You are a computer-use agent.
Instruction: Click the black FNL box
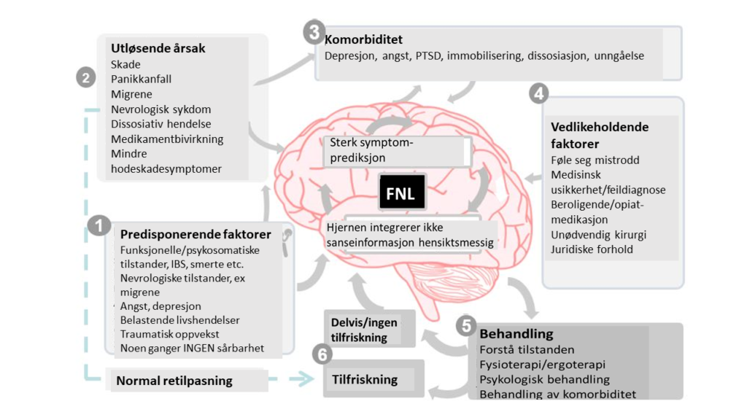(x=402, y=192)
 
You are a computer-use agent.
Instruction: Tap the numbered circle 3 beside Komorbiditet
(x=314, y=32)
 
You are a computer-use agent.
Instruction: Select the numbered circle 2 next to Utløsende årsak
(x=86, y=77)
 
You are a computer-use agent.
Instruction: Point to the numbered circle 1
(x=99, y=225)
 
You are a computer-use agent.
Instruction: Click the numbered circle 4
(x=539, y=93)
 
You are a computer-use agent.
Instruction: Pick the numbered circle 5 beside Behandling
(x=466, y=326)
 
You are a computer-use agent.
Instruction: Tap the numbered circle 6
(x=322, y=354)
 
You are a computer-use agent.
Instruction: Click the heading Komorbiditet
(x=363, y=39)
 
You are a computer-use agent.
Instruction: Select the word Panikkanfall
(x=141, y=79)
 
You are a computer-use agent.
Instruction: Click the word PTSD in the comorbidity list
(x=428, y=55)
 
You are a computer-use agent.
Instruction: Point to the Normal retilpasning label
(x=174, y=381)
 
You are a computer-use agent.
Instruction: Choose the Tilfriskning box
(x=373, y=379)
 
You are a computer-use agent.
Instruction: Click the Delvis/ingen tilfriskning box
(x=369, y=329)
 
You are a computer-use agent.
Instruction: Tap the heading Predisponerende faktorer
(x=196, y=234)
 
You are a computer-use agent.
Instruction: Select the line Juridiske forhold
(x=592, y=249)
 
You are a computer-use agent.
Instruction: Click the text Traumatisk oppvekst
(x=169, y=334)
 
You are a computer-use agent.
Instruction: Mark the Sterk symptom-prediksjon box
(x=398, y=150)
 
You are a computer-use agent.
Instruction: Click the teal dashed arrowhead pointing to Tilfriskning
(x=301, y=379)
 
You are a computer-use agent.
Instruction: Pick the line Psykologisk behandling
(x=544, y=379)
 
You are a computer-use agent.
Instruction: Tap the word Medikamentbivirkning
(x=167, y=139)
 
